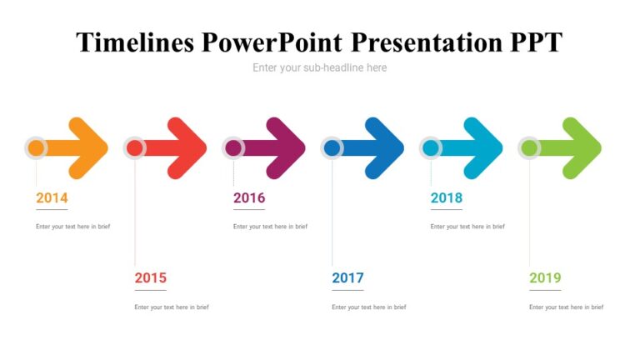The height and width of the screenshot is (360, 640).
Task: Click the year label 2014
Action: [x=52, y=198]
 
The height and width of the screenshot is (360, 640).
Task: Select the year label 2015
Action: [x=150, y=278]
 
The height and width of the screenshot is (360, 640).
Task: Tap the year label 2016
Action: [x=249, y=198]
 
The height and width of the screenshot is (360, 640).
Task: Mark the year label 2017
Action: [x=347, y=278]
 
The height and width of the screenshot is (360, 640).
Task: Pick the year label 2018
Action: [x=446, y=198]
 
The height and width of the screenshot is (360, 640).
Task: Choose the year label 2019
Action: [x=545, y=278]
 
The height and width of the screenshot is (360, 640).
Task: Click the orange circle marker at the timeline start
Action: [x=36, y=148]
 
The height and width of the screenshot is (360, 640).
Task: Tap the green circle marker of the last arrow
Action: [x=529, y=148]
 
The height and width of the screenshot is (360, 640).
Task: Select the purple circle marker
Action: [x=233, y=148]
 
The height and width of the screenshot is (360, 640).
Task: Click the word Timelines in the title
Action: [x=136, y=42]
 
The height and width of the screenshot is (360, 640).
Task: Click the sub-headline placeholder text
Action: [x=320, y=67]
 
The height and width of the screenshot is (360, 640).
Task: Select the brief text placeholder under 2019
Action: [x=566, y=307]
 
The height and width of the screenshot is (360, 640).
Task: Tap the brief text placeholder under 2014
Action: [x=72, y=227]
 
